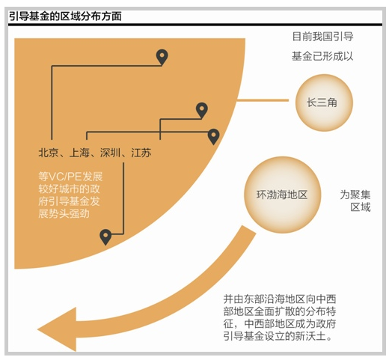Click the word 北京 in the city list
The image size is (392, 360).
(x=49, y=153)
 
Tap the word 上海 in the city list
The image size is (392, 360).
(x=79, y=153)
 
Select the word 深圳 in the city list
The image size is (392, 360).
(x=110, y=153)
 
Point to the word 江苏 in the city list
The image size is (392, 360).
(x=141, y=153)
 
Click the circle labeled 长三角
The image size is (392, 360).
(x=324, y=103)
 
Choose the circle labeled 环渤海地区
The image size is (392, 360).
(x=282, y=195)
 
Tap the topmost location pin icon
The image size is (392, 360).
(x=162, y=58)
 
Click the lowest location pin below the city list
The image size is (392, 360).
(x=105, y=237)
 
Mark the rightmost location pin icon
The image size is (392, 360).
(x=213, y=137)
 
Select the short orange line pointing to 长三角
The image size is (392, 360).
(x=263, y=100)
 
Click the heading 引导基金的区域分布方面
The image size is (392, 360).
(x=66, y=16)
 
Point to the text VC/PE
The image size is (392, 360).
(x=65, y=177)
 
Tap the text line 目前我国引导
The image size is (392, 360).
(x=322, y=37)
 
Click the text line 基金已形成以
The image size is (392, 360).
(x=322, y=56)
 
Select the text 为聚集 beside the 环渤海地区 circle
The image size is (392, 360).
(x=355, y=195)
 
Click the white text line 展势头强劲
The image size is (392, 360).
(x=64, y=213)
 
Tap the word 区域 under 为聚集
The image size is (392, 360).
(x=361, y=207)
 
